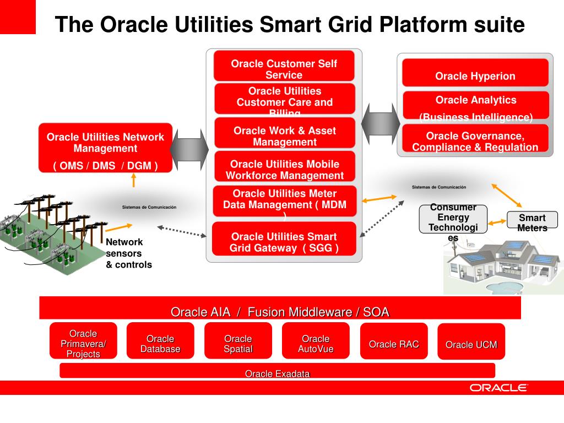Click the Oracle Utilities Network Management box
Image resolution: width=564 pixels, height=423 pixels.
(105, 148)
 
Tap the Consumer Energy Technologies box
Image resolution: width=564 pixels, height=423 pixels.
(453, 219)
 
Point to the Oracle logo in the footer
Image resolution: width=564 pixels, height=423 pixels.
(498, 388)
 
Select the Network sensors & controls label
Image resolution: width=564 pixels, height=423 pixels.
(128, 253)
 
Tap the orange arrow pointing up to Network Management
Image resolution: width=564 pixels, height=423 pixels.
(133, 181)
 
